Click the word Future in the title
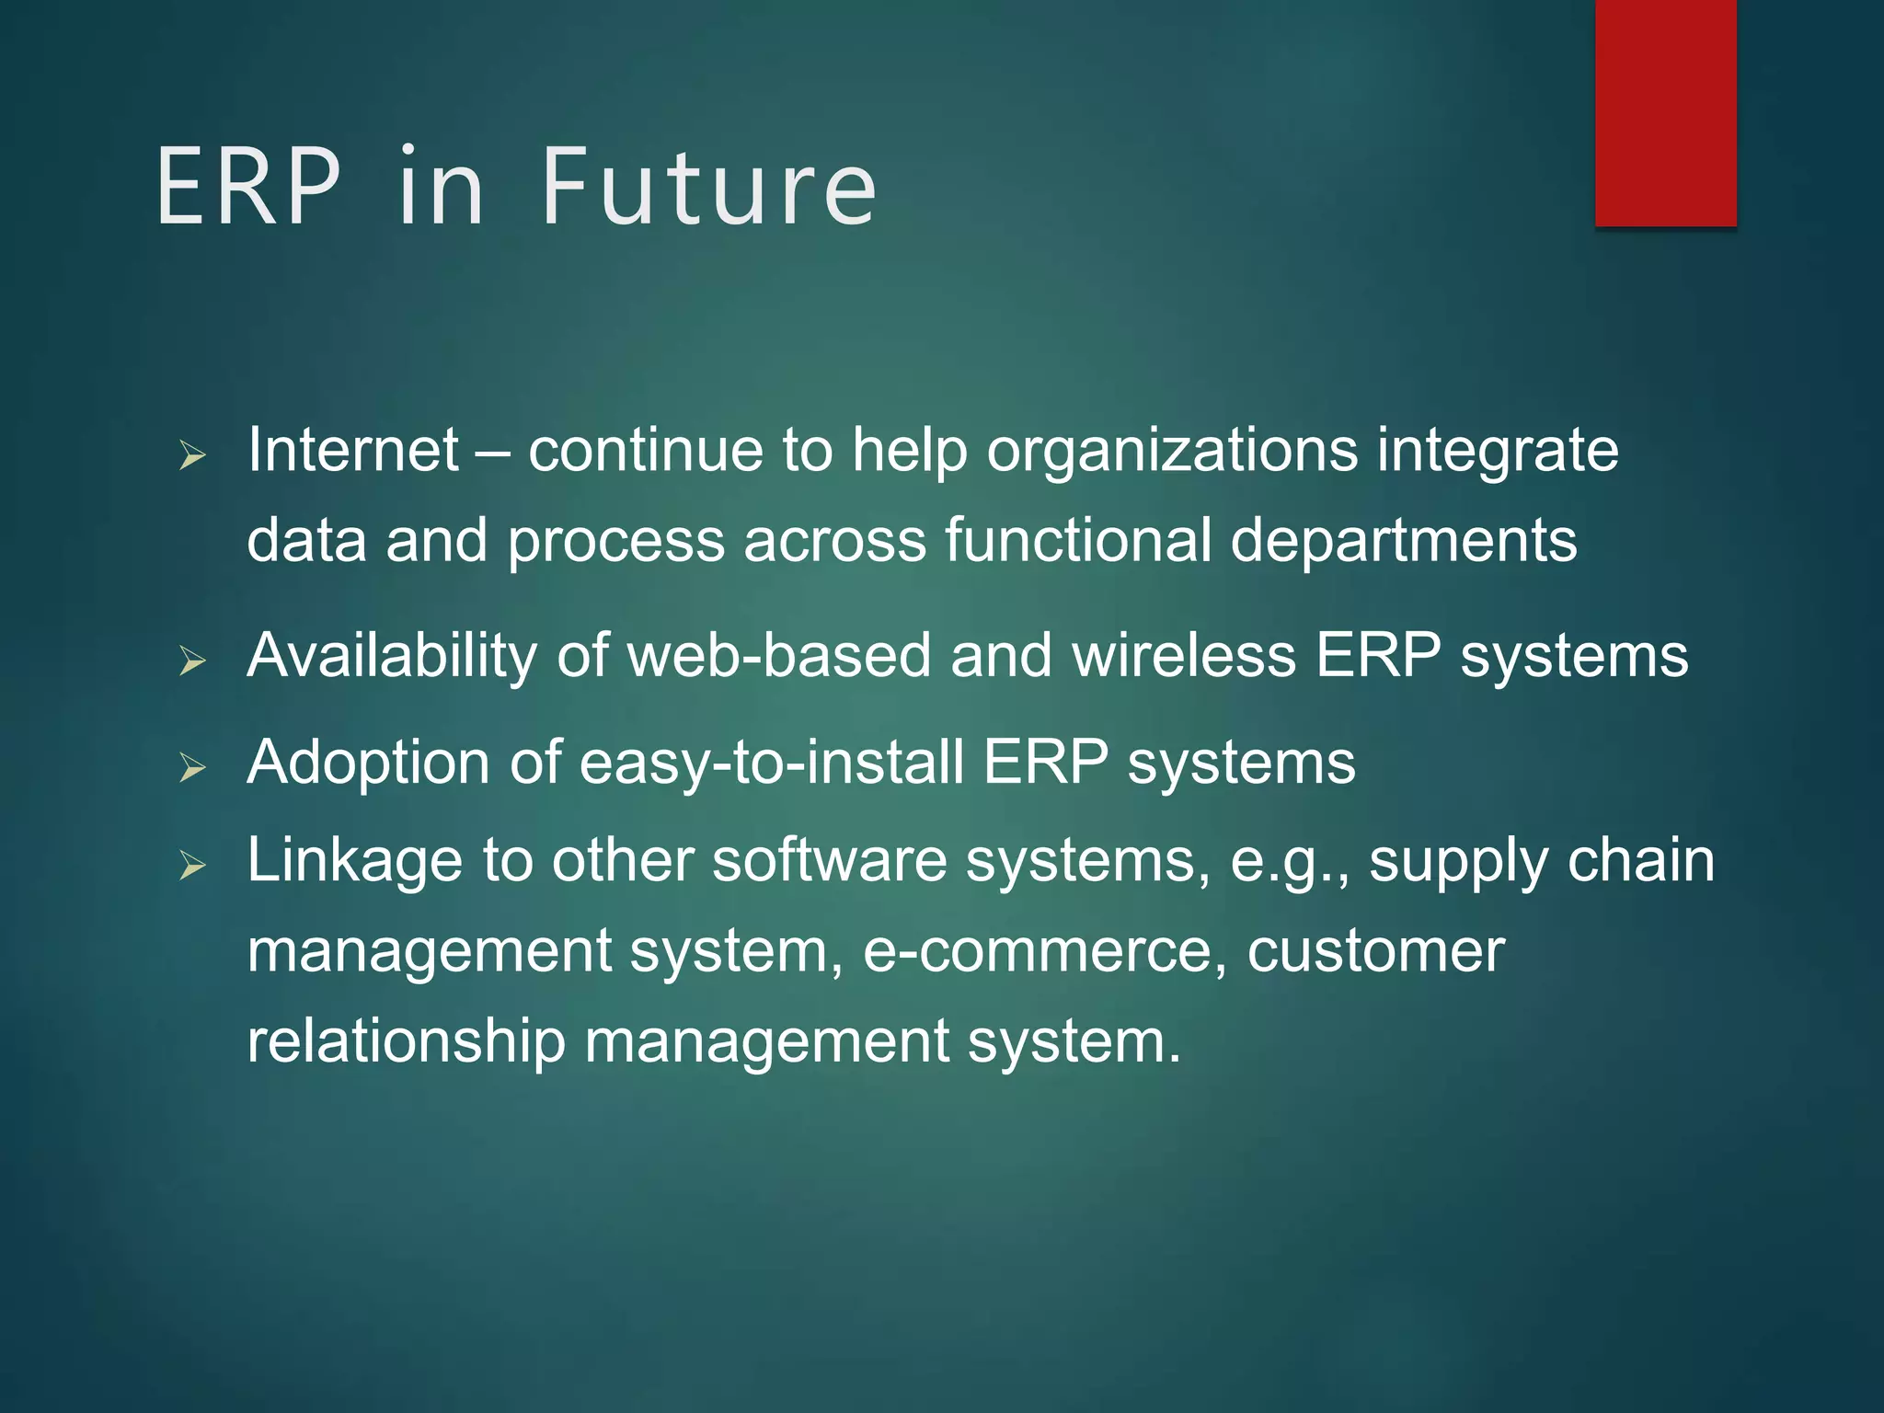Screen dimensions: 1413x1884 708,189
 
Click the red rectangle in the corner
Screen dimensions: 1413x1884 1665,112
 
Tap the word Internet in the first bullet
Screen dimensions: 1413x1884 353,451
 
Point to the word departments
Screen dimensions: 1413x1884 1404,540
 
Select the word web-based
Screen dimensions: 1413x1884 779,656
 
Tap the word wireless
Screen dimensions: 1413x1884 1184,656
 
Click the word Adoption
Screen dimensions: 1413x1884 368,764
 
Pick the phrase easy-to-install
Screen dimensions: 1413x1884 772,764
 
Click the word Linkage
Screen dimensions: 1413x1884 354,862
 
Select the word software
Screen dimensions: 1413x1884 830,862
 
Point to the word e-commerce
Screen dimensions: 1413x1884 1045,951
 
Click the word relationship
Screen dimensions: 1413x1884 406,1042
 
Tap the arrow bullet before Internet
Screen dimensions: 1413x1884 192,454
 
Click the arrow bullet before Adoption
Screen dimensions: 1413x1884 192,766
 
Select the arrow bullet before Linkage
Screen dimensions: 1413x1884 192,865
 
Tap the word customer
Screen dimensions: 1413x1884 1375,951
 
